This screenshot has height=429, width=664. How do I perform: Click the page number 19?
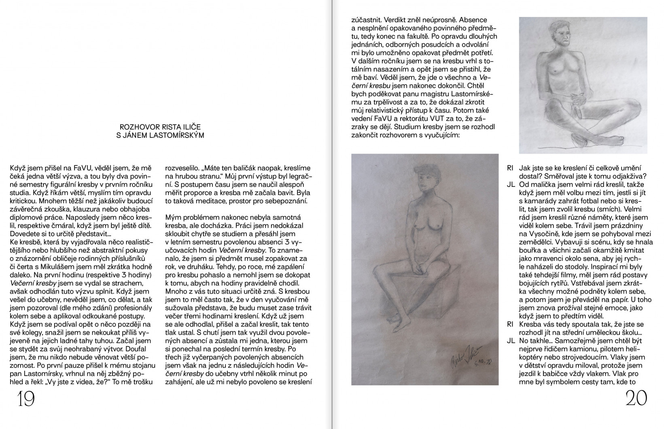click(25, 400)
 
